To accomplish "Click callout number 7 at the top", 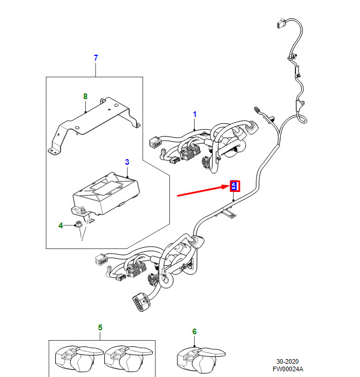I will point(96,58).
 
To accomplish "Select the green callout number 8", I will point(85,96).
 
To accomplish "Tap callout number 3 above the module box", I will point(127,163).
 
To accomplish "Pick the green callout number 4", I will point(60,225).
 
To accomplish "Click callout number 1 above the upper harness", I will point(195,115).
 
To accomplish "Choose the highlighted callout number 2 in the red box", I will point(234,186).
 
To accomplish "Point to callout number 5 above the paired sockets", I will point(100,328).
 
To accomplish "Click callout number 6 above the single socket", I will point(194,331).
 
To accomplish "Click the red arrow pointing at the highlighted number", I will point(202,191).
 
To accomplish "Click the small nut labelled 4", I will point(78,225).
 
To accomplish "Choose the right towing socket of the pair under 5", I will point(130,360).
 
